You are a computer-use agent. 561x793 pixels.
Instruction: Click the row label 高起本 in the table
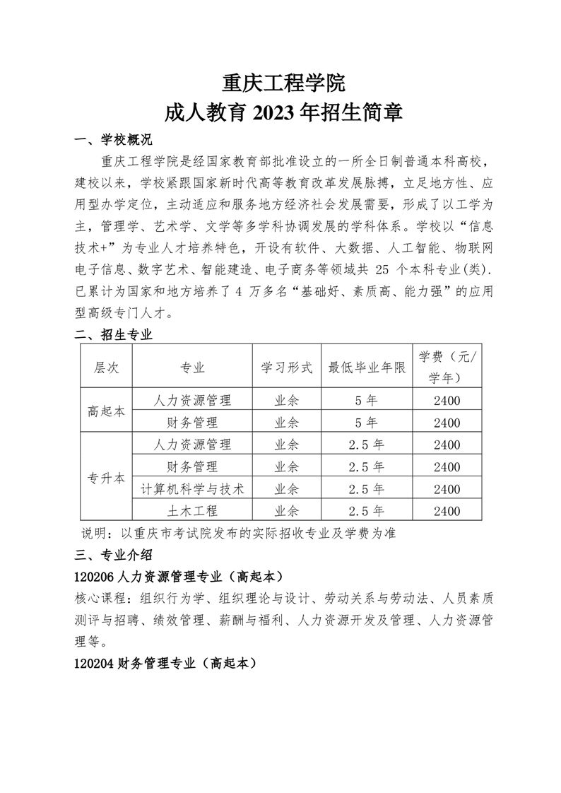pyautogui.click(x=106, y=411)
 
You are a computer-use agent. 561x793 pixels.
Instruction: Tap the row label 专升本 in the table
pyautogui.click(x=106, y=478)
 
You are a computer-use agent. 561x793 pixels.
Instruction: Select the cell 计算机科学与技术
pyautogui.click(x=192, y=489)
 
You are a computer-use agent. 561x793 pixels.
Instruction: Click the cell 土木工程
pyautogui.click(x=192, y=511)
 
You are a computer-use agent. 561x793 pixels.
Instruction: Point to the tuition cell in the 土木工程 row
pyautogui.click(x=447, y=511)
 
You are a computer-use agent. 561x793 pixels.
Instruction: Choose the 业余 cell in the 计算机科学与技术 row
pyautogui.click(x=286, y=489)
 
